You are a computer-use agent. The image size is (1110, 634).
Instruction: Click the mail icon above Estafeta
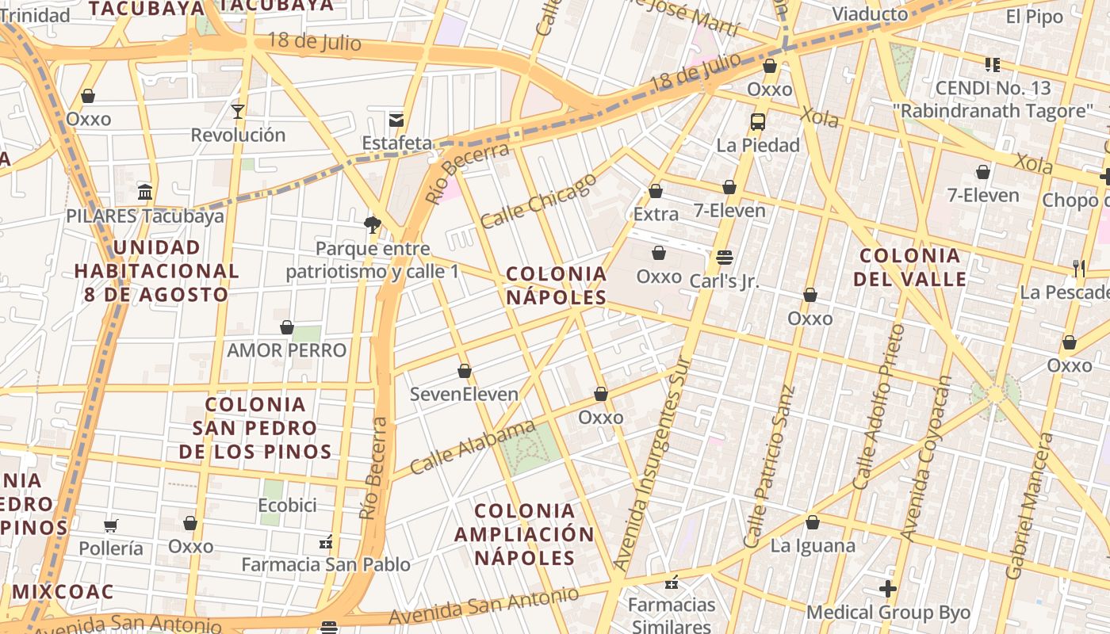396,120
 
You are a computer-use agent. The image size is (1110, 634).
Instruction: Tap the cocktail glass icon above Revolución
237,111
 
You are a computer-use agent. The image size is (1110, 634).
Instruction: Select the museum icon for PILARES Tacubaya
145,193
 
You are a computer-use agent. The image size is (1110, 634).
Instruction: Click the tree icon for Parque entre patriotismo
372,225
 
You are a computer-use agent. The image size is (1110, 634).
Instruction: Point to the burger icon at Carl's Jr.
724,258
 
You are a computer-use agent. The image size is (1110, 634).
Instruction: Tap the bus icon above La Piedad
758,122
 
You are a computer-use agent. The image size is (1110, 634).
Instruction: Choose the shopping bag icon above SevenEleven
465,371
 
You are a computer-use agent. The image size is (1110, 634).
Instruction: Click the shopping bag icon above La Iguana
812,522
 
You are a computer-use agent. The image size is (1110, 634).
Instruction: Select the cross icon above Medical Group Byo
888,589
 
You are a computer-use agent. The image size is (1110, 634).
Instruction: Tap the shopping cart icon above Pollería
111,525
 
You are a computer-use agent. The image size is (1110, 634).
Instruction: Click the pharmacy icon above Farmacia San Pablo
325,542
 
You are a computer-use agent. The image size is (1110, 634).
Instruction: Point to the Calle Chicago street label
538,201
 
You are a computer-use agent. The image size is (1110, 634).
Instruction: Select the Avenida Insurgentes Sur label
654,464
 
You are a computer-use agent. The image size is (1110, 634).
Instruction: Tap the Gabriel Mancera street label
1030,506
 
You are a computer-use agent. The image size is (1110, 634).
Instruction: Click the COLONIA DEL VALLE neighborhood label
910,267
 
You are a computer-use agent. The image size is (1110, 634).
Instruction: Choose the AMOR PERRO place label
287,350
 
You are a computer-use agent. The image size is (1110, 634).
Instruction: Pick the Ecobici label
287,506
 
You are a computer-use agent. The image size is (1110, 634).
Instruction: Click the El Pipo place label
1034,17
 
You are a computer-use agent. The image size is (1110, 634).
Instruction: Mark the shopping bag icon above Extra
656,191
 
